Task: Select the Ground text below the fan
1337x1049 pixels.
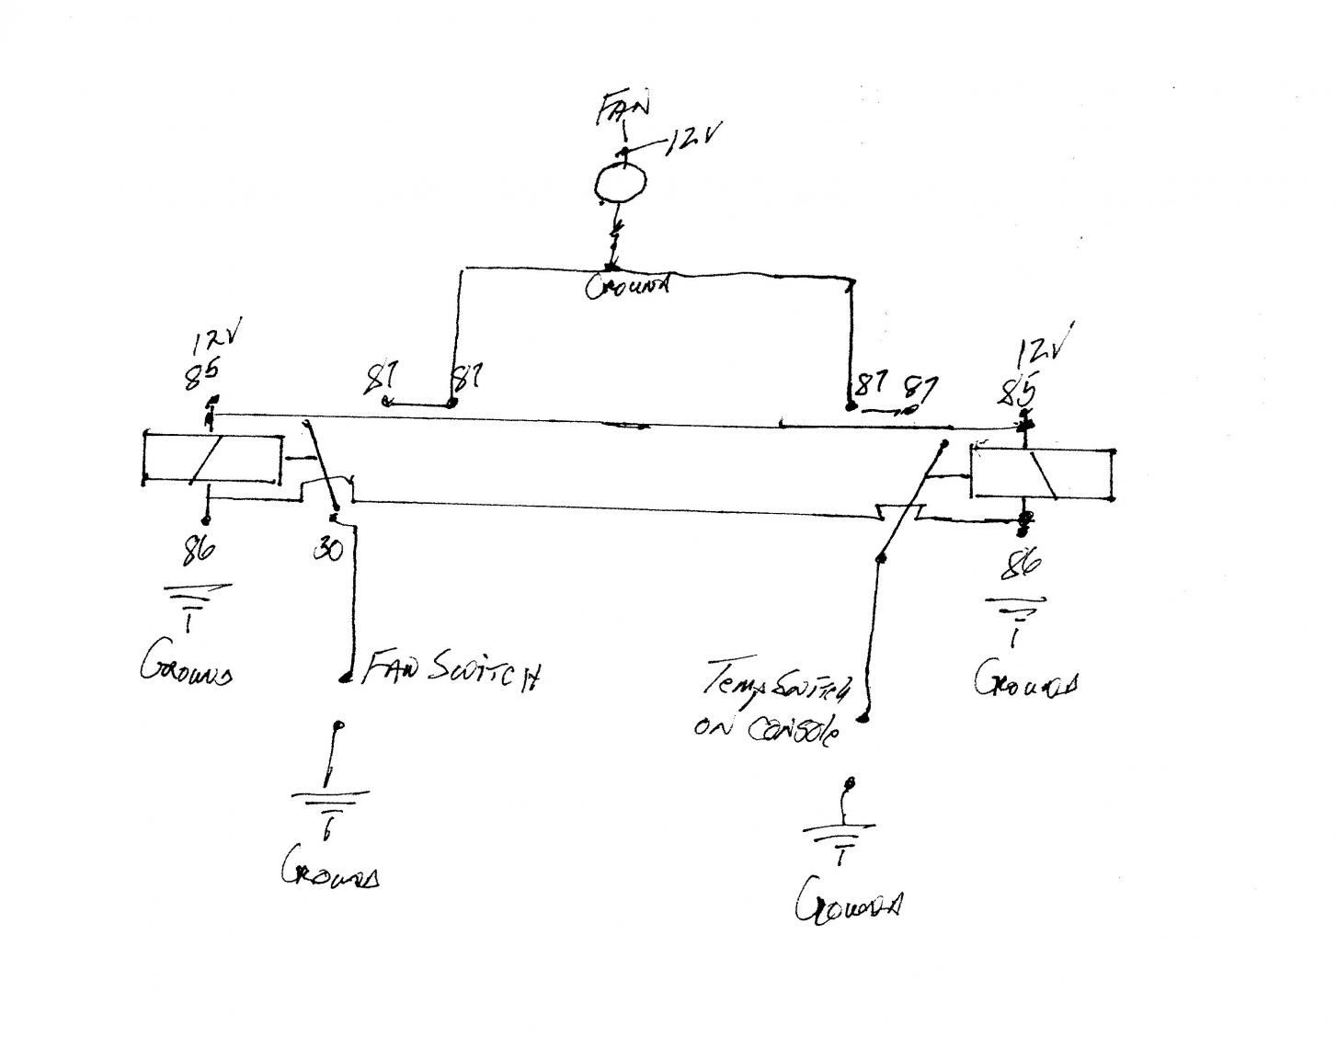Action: [x=626, y=286]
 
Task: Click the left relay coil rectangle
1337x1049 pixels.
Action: [x=212, y=457]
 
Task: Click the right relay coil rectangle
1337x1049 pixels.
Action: [x=1043, y=473]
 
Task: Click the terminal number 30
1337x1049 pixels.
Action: [x=328, y=550]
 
